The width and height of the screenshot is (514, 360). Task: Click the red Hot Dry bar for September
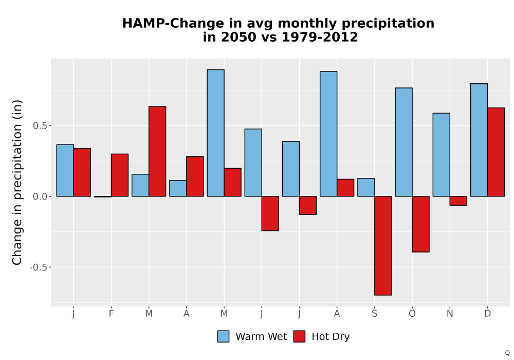[x=383, y=246]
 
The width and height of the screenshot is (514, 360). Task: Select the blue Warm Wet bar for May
[x=216, y=133]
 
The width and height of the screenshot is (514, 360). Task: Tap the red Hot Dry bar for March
[x=157, y=151]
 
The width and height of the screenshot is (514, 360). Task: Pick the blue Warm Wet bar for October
[x=404, y=142]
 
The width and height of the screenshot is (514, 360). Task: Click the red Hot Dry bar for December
[x=496, y=152]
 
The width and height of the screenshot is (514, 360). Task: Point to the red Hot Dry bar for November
[x=458, y=201]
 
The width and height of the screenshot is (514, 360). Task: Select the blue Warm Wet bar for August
[x=328, y=134]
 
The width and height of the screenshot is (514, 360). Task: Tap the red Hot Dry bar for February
[x=120, y=175]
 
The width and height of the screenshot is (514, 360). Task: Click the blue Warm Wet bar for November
[x=441, y=155]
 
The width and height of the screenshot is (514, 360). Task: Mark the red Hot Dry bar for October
[x=420, y=224]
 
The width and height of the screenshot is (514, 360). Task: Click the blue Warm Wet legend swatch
[x=223, y=336]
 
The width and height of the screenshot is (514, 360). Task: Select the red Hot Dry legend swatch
[x=299, y=336]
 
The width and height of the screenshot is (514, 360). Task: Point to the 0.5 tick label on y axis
[x=40, y=126]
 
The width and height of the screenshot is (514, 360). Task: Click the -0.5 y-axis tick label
[x=39, y=267]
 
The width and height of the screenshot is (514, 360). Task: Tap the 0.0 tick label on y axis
[x=40, y=197]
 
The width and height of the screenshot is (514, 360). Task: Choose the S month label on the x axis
[x=374, y=314]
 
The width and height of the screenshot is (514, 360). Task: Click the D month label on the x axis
[x=487, y=314]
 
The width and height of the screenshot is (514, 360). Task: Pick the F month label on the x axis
[x=111, y=314]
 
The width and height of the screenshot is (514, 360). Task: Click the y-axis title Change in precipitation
[x=17, y=182]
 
